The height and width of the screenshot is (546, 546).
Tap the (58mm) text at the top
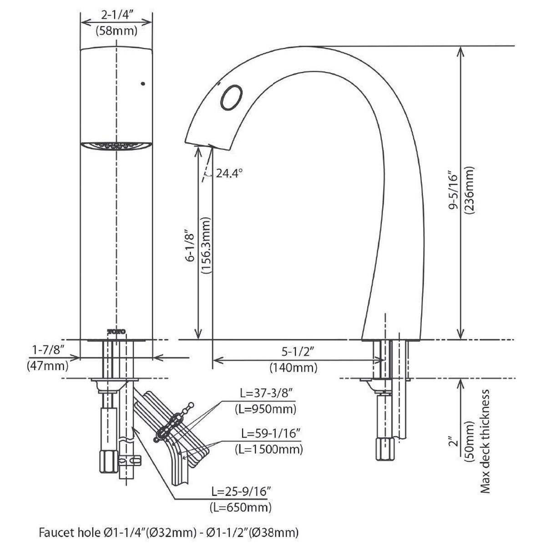pos(116,30)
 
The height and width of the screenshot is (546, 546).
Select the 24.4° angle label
pos(229,173)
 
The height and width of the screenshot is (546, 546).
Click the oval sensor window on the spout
pos(232,97)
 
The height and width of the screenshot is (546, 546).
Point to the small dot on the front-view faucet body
pos(143,83)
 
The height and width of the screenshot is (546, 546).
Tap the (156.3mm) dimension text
pos(206,245)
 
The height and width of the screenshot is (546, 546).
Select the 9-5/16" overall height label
pos(454,192)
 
